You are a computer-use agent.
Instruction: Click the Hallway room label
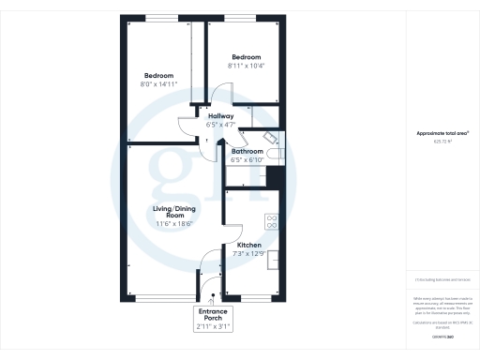(x=220, y=115)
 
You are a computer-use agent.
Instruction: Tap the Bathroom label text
(x=247, y=151)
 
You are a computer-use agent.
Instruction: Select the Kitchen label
(x=248, y=245)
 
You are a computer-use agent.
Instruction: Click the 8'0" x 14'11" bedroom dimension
(x=159, y=84)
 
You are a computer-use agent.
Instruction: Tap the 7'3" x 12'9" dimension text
(x=248, y=253)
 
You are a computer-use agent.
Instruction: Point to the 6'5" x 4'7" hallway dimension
(x=220, y=124)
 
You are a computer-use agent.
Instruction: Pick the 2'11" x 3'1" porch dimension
(x=212, y=326)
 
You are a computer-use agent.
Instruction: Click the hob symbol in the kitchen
(x=272, y=221)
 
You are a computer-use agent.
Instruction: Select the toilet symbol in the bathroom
(x=273, y=153)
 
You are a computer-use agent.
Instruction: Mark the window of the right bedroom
(x=243, y=19)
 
